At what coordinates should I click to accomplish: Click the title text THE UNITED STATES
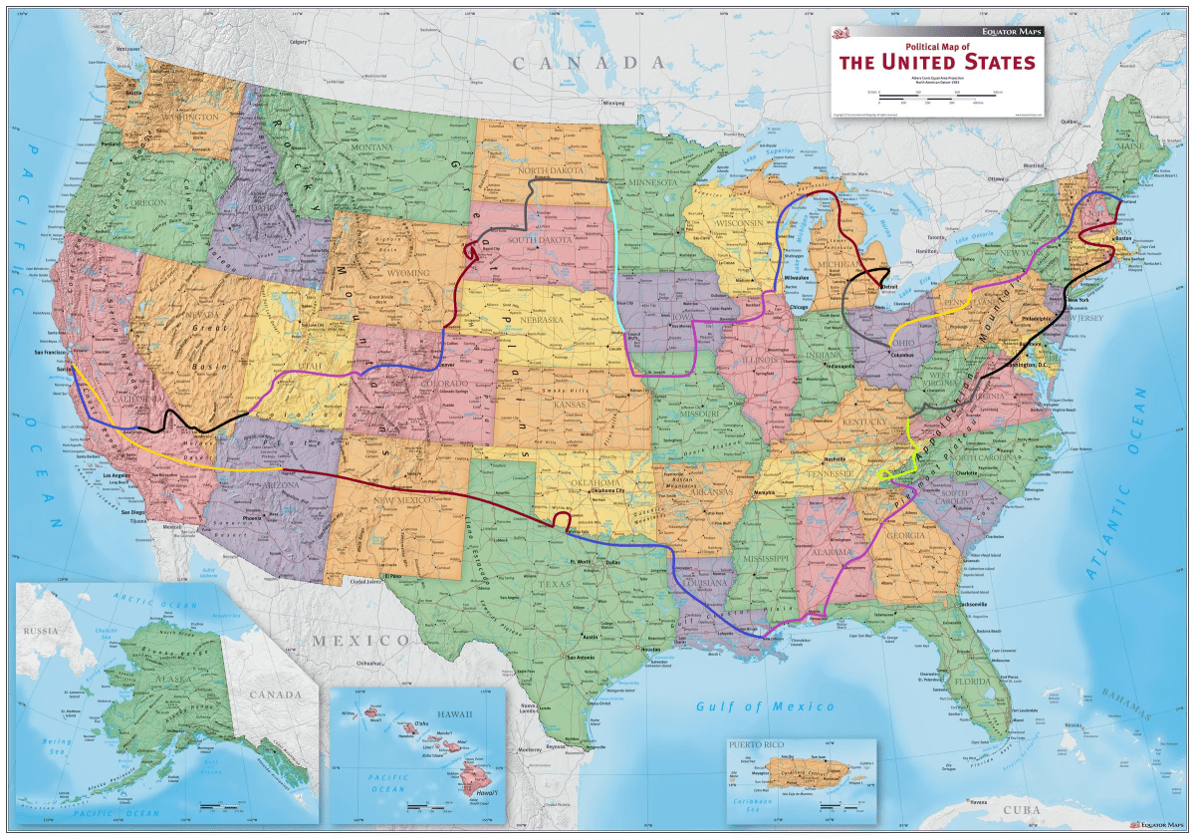tap(937, 63)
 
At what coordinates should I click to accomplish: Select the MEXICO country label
tap(359, 640)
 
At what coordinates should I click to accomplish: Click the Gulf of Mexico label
tap(764, 706)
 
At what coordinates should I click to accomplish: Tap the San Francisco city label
tap(55, 353)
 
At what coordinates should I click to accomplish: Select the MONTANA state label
tap(371, 147)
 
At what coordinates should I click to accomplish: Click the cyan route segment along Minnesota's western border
tap(614, 259)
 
